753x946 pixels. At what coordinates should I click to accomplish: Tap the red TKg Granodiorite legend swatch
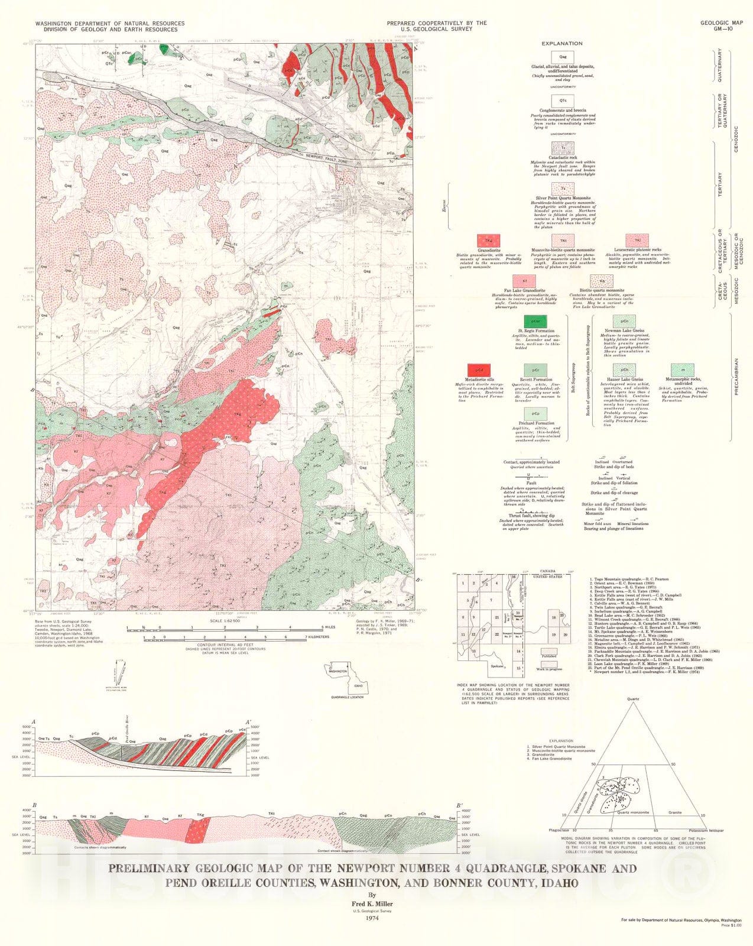[x=489, y=241]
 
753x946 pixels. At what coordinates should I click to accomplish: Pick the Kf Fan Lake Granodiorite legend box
[x=524, y=281]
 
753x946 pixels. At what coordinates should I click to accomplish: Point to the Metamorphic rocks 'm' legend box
[x=682, y=371]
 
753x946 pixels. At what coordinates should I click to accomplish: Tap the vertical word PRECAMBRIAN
[x=736, y=376]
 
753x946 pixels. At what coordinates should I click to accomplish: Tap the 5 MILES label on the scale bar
[x=330, y=627]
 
